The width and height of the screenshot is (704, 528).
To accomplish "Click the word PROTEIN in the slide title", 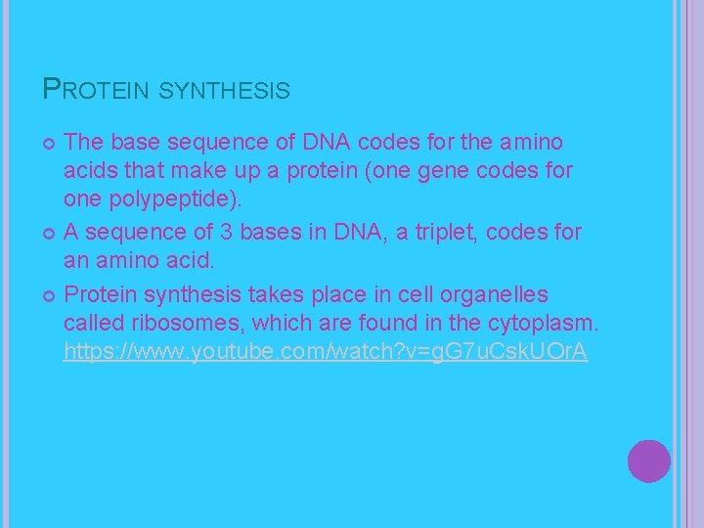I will [96, 91].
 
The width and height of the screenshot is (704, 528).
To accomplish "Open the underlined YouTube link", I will [325, 352].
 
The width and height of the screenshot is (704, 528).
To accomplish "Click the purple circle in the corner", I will [649, 461].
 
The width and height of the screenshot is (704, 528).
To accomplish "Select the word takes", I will [280, 294].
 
